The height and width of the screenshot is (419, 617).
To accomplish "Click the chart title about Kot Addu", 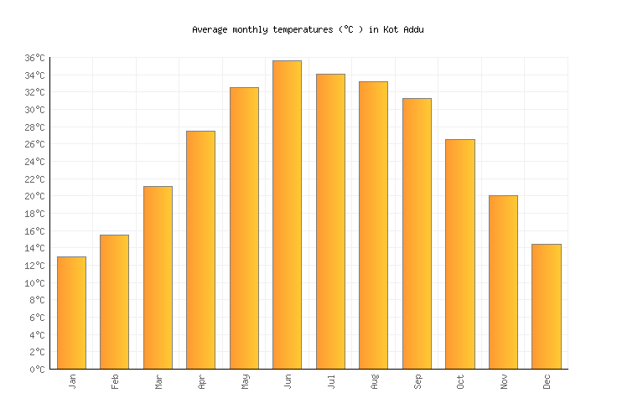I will (x=308, y=29).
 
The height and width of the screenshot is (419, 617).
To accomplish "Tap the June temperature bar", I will (x=287, y=215).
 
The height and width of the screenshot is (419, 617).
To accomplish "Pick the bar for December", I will (x=546, y=307).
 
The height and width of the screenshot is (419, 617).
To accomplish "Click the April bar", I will (x=200, y=250).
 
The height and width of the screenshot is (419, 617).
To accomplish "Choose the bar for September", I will (x=417, y=233).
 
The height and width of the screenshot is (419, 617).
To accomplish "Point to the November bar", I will (x=503, y=282).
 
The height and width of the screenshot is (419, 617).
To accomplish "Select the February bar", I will (x=114, y=302).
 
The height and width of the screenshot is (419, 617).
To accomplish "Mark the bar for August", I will (x=373, y=225).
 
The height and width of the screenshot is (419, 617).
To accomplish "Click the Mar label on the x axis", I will (x=158, y=381).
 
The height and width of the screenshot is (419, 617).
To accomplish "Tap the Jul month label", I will (x=331, y=381).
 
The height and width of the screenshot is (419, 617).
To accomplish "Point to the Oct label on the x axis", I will (x=460, y=381).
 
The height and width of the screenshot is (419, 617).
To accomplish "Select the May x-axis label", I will (x=245, y=381).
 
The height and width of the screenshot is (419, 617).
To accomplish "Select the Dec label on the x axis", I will (x=547, y=381).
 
